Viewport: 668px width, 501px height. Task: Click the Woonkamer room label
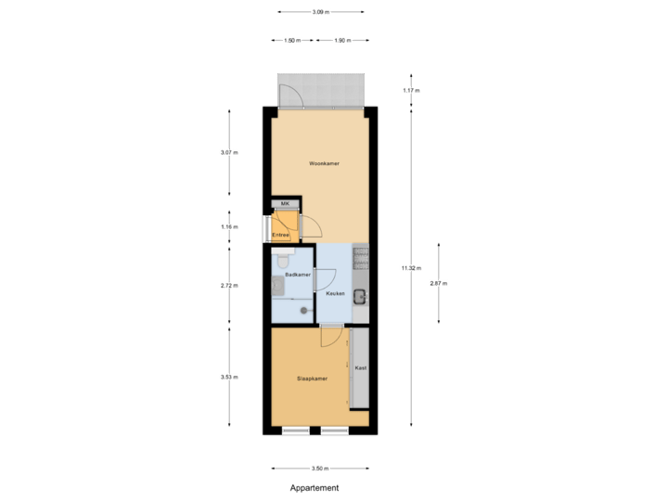pyautogui.click(x=324, y=163)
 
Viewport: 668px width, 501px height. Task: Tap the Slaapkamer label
pyautogui.click(x=312, y=379)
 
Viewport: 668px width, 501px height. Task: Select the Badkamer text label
pyautogui.click(x=297, y=276)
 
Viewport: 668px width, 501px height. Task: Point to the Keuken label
pyautogui.click(x=335, y=293)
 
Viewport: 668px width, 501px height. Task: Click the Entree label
pyautogui.click(x=280, y=235)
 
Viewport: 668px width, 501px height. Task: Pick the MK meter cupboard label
pyautogui.click(x=285, y=203)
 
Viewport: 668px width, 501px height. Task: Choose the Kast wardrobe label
pyautogui.click(x=360, y=368)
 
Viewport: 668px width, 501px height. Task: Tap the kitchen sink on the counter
pyautogui.click(x=360, y=297)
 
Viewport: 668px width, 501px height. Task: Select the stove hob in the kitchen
pyautogui.click(x=360, y=257)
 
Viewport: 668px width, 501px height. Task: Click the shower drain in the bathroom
pyautogui.click(x=301, y=311)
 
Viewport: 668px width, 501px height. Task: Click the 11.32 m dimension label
pyautogui.click(x=410, y=268)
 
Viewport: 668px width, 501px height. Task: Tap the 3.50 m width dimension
pyautogui.click(x=319, y=469)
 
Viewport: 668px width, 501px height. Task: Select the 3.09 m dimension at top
pyautogui.click(x=319, y=12)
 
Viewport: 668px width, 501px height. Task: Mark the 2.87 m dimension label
pyautogui.click(x=438, y=283)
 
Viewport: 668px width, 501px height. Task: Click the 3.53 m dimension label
pyautogui.click(x=228, y=377)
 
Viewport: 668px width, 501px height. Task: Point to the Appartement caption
pyautogui.click(x=314, y=487)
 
